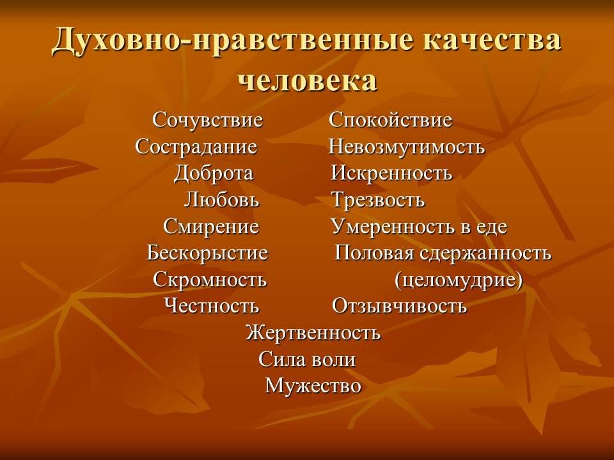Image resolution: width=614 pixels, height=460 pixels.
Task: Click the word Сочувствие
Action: point(207,119)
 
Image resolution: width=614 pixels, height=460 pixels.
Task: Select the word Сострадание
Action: point(196,147)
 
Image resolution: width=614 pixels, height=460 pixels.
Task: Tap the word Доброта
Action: point(214,173)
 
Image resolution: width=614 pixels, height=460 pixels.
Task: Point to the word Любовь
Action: point(222,199)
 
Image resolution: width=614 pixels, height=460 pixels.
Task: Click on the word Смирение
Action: point(211,226)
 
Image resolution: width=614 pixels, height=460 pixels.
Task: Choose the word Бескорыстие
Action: point(207,253)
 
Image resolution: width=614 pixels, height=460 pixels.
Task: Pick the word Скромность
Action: point(210,280)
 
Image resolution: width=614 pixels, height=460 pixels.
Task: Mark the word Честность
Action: point(212,305)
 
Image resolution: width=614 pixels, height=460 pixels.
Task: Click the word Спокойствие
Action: point(390,119)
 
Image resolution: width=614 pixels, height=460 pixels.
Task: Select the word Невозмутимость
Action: point(407,147)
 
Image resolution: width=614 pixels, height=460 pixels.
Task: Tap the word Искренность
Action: point(391,173)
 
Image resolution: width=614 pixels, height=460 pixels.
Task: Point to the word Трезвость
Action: point(378,200)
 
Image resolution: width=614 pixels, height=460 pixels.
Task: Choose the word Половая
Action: point(374,253)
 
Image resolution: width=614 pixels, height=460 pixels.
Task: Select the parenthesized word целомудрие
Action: point(459,280)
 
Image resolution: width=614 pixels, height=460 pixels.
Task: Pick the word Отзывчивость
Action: point(399,306)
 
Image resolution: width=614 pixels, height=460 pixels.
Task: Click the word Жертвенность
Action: point(313,333)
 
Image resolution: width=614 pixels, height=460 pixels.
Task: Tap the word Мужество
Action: point(313,386)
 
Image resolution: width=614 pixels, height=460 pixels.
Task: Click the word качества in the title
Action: point(492,40)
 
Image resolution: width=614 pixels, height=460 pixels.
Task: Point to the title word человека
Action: point(308,80)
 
